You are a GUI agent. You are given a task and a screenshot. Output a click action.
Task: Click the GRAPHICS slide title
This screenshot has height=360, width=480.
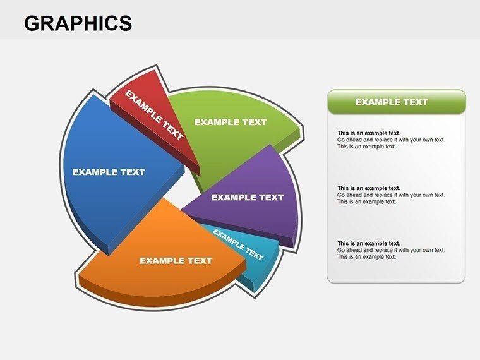coord(78,23)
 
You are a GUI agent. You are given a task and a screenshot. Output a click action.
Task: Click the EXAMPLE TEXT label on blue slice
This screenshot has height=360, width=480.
coord(109,172)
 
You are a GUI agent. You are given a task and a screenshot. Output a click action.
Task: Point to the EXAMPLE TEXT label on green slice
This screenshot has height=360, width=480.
coord(231,122)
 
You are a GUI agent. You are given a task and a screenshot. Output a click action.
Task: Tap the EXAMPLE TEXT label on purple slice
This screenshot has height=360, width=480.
coord(248,197)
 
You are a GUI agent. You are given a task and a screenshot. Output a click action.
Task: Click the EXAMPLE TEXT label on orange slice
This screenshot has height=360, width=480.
coord(176,260)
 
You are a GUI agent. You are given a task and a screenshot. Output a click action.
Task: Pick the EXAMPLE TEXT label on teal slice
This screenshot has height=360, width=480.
coord(238,244)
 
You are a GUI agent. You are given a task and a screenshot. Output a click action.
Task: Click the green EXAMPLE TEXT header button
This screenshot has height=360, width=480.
coord(396,102)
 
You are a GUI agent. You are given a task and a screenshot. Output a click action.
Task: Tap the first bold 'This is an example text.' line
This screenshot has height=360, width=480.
coord(369,133)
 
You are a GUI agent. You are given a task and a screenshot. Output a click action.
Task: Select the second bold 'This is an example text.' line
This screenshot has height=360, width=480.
coord(369,188)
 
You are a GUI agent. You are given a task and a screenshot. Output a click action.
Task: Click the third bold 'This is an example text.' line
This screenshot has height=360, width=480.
coord(369,243)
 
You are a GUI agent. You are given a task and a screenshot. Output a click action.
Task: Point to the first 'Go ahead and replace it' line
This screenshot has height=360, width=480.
coord(391,140)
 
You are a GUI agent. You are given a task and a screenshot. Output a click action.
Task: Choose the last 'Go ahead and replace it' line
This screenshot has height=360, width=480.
coord(391,250)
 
